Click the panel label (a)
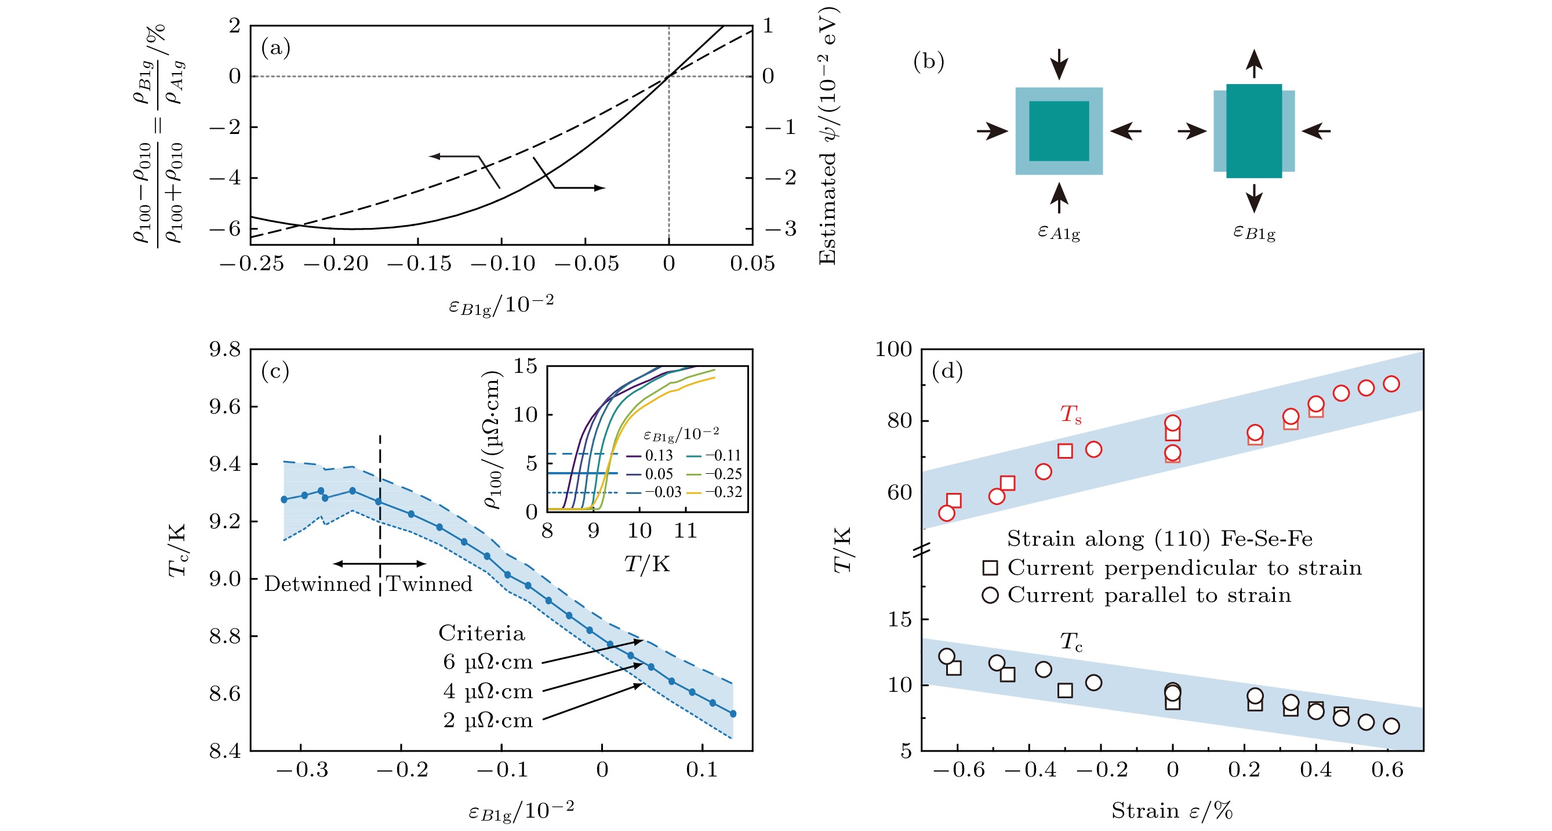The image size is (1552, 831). tap(275, 48)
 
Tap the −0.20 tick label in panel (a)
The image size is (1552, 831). tap(336, 264)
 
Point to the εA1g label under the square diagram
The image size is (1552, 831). tap(1059, 232)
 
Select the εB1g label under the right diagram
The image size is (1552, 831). tap(1254, 232)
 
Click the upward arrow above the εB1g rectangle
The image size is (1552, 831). tap(1254, 63)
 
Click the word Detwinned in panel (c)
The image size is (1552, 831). tap(318, 584)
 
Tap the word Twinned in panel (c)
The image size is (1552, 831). tap(429, 584)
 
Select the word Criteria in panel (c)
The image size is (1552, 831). tap(481, 633)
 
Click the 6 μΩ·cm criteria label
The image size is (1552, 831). tap(488, 662)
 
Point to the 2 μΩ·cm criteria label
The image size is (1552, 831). tap(488, 721)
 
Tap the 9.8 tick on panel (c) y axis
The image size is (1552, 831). tap(225, 350)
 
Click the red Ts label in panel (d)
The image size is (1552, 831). tap(1071, 414)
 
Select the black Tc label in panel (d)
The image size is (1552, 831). tap(1071, 642)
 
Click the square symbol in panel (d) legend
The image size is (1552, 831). tap(990, 568)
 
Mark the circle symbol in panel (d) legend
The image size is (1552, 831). tap(990, 596)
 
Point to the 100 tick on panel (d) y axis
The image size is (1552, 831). tap(893, 350)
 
